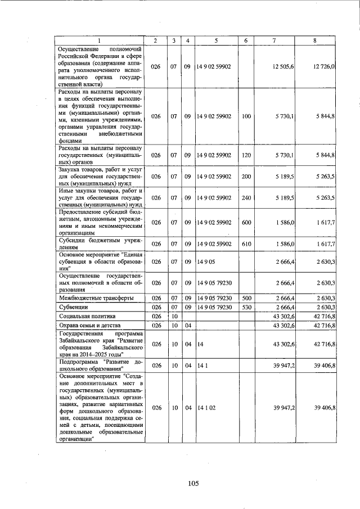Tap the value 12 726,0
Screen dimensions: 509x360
pos(325,66)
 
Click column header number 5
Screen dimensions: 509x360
pos(216,40)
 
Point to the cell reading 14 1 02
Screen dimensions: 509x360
pos(205,407)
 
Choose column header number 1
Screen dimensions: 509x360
pos(100,40)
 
